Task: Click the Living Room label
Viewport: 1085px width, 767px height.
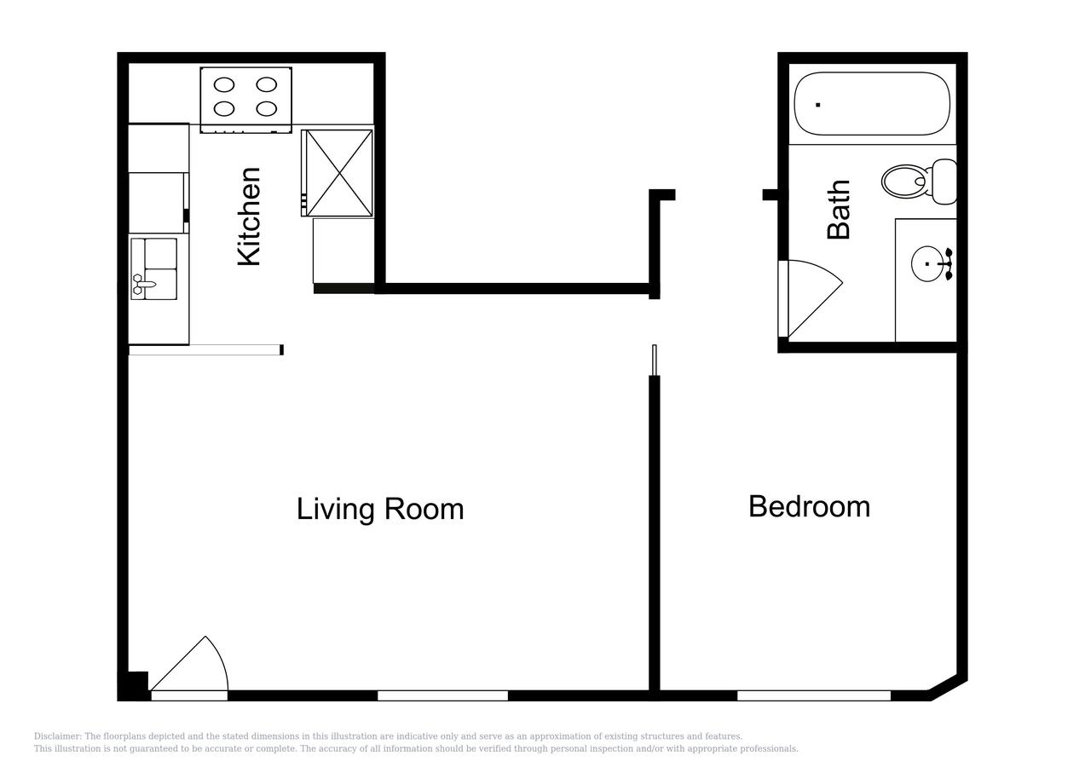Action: coord(380,509)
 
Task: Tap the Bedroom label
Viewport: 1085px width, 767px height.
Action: coord(809,506)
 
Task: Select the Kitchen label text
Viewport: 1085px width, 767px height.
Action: coord(249,216)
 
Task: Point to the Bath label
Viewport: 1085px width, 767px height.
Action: coord(839,209)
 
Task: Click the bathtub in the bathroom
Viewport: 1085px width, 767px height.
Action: coord(871,104)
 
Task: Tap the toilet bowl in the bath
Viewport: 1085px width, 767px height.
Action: coord(903,181)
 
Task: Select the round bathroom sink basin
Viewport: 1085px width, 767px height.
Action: coord(928,264)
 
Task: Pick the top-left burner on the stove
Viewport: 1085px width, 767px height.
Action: coord(224,84)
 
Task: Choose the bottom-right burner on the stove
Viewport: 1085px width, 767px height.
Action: coord(267,108)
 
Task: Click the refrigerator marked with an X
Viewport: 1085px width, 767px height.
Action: coord(338,173)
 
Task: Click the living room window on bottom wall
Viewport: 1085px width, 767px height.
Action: coord(442,695)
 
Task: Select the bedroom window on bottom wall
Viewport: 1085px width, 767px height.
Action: coord(813,695)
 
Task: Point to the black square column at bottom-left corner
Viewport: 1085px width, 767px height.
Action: coord(133,685)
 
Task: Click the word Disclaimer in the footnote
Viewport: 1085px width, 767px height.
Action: coord(57,736)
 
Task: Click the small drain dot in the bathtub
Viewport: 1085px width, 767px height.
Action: coord(818,105)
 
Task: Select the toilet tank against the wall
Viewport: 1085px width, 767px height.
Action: coord(944,182)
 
